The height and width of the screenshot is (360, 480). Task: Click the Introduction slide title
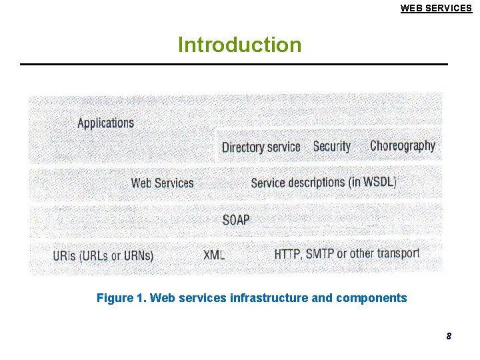(239, 45)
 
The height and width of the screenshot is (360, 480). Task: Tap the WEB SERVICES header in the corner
(436, 8)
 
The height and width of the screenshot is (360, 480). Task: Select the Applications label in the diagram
(105, 123)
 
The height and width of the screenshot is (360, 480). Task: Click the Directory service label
(261, 147)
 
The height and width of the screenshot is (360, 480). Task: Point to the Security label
(331, 147)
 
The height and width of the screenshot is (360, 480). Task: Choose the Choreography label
(402, 146)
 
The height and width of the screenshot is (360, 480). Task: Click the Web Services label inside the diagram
(162, 183)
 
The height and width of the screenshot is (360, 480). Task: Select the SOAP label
(235, 219)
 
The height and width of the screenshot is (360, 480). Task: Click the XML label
(214, 255)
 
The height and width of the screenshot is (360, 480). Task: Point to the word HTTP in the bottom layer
(287, 254)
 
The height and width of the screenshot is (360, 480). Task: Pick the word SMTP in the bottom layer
(319, 254)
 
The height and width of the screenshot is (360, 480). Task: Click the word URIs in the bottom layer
(64, 255)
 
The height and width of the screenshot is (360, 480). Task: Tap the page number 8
(449, 337)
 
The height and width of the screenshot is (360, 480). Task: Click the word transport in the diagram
(398, 253)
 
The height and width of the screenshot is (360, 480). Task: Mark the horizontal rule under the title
(233, 64)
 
